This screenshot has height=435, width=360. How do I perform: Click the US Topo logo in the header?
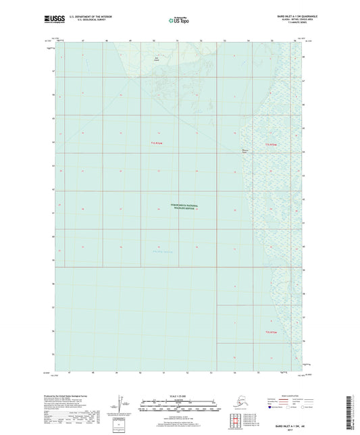(x=179, y=21)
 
